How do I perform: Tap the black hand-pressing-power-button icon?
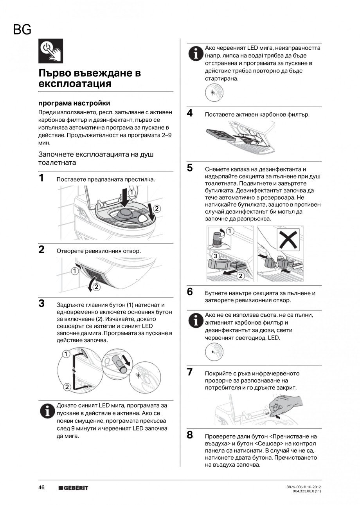(x=50, y=51)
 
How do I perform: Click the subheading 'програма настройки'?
(x=74, y=103)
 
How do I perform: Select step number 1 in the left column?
(x=41, y=179)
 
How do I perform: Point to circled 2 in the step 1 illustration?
(x=157, y=209)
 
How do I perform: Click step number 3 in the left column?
(x=41, y=303)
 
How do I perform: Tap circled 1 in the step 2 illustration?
(x=74, y=271)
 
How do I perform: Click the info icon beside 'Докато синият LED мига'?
(x=47, y=411)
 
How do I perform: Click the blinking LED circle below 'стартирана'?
(x=214, y=93)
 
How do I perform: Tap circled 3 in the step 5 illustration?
(x=215, y=256)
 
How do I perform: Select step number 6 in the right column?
(x=190, y=292)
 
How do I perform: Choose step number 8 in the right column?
(x=190, y=435)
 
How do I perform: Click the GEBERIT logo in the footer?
(x=73, y=488)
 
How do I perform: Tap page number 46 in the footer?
(x=41, y=487)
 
